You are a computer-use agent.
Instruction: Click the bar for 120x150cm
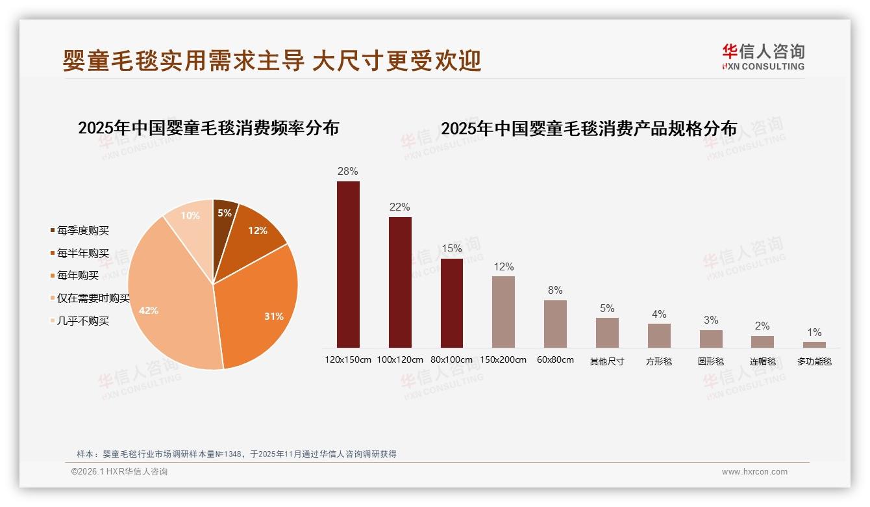tap(348, 265)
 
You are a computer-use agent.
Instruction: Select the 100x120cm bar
tap(400, 282)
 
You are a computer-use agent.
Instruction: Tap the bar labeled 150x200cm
tap(503, 312)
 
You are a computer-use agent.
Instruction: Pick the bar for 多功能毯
tap(814, 344)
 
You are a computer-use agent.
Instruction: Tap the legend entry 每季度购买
tap(82, 231)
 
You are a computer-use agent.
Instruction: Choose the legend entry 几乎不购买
tap(82, 321)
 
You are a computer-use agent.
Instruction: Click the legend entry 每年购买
tap(77, 276)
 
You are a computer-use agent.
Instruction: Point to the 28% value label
tap(348, 172)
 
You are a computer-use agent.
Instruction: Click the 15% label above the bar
tap(451, 249)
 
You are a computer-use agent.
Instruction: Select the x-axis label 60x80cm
tap(555, 359)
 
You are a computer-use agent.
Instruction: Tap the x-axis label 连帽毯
tap(762, 361)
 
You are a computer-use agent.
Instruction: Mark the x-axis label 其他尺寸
tap(607, 361)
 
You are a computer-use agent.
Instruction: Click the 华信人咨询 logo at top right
tap(763, 57)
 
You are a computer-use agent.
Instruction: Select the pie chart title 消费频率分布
tap(208, 128)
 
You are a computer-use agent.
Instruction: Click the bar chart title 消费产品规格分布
tap(589, 129)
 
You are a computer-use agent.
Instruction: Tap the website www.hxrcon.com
tap(754, 472)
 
